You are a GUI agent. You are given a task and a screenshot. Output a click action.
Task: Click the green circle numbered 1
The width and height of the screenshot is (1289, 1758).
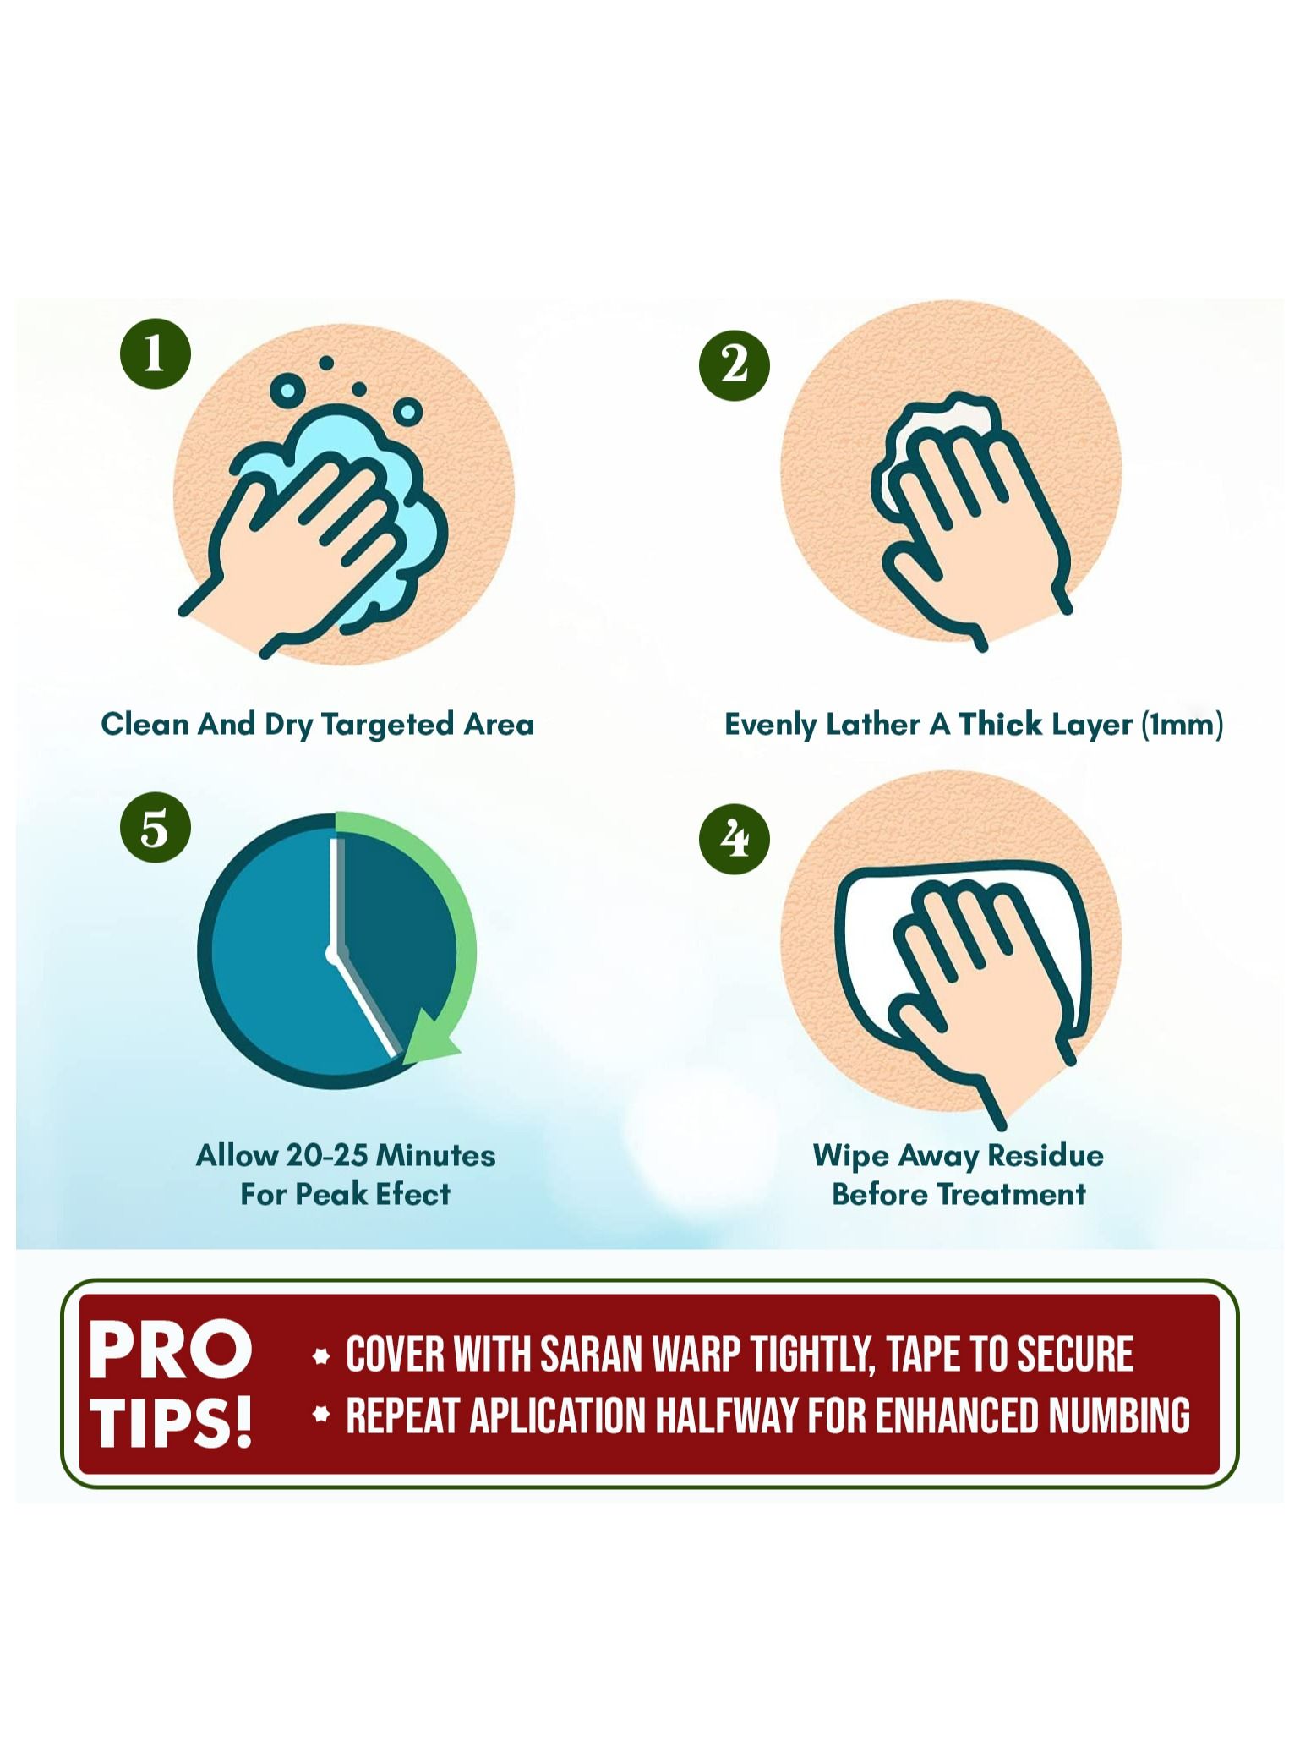155,353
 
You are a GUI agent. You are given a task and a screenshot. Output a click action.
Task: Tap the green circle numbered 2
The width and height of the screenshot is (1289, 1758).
734,364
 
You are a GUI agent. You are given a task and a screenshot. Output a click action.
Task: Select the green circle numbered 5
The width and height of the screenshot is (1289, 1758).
155,827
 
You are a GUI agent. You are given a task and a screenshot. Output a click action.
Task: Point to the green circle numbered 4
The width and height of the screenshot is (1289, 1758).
734,838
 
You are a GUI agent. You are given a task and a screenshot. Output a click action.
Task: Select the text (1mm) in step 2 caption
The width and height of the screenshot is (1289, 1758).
1182,725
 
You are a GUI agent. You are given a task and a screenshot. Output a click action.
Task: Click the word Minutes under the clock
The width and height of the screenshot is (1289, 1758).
435,1155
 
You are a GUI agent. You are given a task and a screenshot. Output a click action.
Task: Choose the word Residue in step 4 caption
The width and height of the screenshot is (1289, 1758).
1046,1155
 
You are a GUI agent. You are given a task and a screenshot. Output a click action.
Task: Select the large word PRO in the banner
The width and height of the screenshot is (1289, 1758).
171,1350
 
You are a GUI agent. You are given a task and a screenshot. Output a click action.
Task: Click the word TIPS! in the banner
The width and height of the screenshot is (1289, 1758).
172,1421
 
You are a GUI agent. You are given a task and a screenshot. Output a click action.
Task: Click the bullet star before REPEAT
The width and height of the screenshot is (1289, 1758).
320,1415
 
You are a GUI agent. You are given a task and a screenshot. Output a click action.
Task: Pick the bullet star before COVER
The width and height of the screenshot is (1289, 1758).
320,1356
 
